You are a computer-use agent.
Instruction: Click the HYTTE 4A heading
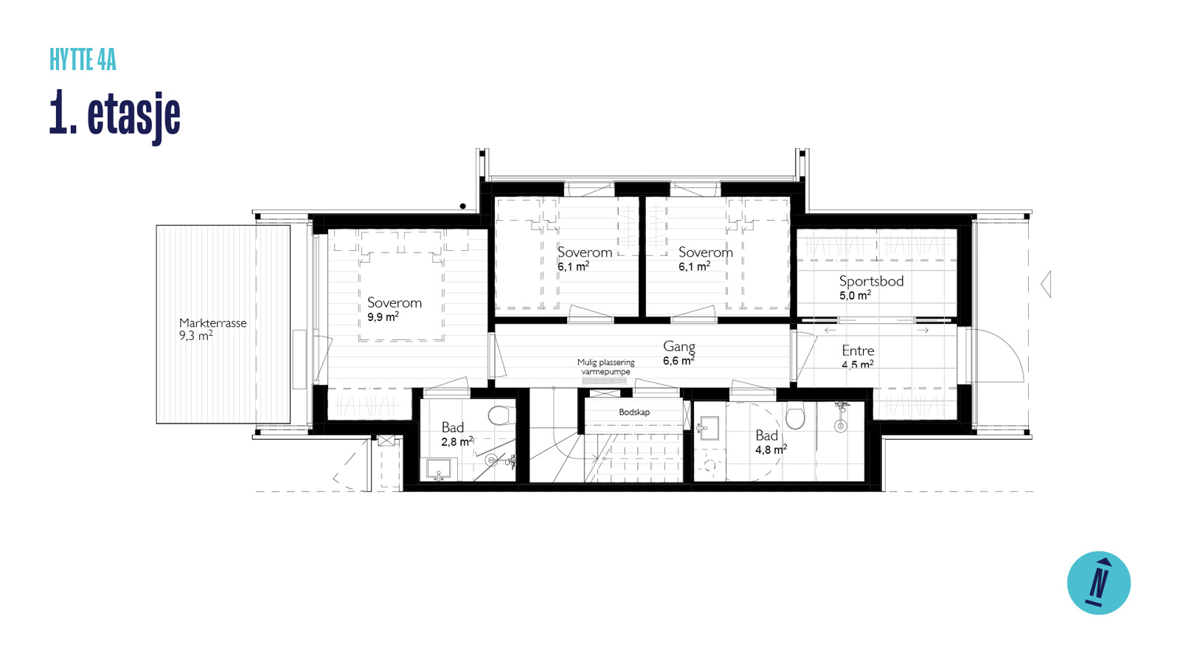click(x=83, y=60)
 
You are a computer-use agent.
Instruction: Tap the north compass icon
click(x=1098, y=583)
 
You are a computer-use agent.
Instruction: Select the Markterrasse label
click(x=213, y=323)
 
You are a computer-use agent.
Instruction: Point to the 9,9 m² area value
click(x=383, y=317)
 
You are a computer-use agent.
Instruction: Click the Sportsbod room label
click(x=871, y=281)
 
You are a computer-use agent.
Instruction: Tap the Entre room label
click(x=858, y=350)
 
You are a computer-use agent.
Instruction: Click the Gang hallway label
click(x=679, y=347)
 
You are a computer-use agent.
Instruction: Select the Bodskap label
click(x=634, y=412)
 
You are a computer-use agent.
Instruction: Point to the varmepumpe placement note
click(x=605, y=367)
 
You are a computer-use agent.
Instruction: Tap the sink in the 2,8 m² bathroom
click(x=438, y=468)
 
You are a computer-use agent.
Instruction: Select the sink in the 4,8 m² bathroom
click(x=709, y=428)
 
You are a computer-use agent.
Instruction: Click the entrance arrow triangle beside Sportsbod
click(x=1046, y=285)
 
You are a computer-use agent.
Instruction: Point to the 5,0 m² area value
click(x=855, y=295)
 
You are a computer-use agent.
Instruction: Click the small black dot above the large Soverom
click(x=462, y=206)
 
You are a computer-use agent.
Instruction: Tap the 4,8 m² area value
click(x=771, y=449)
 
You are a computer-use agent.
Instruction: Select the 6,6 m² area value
click(x=678, y=361)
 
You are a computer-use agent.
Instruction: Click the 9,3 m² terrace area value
click(x=196, y=336)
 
